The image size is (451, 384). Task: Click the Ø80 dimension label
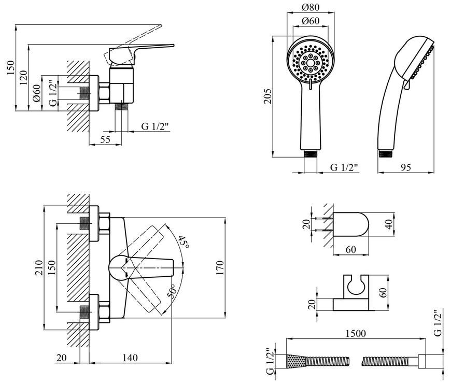311,7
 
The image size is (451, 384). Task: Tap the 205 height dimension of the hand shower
267,96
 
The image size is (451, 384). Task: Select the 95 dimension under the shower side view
405,167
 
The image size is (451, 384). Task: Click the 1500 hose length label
356,333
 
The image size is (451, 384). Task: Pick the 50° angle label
171,291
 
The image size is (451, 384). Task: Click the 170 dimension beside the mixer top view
220,268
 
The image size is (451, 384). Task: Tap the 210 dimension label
39,267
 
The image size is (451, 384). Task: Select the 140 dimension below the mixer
130,358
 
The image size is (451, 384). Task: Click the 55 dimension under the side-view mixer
105,139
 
